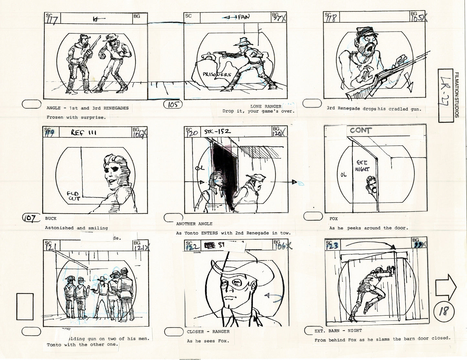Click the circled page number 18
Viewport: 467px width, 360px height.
tap(444, 311)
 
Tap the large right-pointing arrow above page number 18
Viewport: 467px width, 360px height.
tap(445, 287)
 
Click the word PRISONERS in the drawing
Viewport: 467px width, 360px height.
tap(217, 74)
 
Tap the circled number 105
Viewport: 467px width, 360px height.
tap(173, 104)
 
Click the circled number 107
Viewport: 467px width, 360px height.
tap(31, 218)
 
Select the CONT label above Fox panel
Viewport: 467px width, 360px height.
tap(361, 131)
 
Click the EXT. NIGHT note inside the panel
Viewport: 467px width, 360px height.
tap(363, 165)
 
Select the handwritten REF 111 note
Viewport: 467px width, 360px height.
tap(84, 132)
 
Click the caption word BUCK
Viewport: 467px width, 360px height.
tap(51, 218)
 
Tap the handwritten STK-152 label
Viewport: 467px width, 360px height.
tap(218, 131)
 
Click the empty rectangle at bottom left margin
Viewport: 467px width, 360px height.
tap(25, 306)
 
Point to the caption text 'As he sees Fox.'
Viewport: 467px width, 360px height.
tap(208, 341)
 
